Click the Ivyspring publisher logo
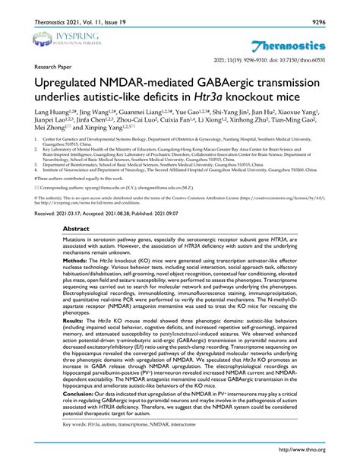54,39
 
